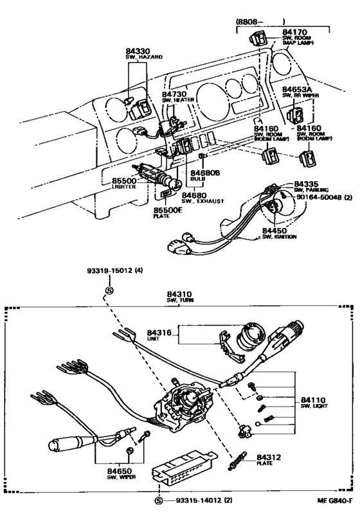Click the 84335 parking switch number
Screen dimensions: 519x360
pos(307,183)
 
